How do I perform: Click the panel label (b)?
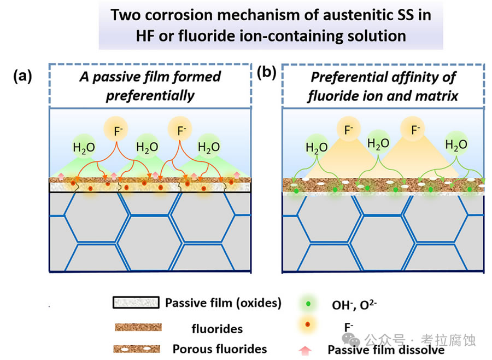point(266,72)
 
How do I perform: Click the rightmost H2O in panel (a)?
point(208,147)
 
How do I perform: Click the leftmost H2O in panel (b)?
point(317,147)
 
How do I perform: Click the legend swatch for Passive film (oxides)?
point(136,303)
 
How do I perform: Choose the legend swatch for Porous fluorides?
point(137,349)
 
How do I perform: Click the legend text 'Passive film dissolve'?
point(386,350)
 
